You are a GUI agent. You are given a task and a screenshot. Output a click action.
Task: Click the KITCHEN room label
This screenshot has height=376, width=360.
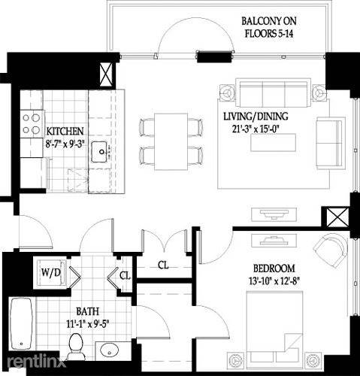(65, 131)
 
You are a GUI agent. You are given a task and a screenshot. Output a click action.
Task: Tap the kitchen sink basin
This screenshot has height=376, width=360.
(99, 152)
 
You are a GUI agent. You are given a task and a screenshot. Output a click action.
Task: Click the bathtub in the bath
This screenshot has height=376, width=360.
(21, 324)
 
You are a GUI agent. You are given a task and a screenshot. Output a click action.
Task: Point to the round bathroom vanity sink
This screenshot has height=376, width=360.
(109, 350)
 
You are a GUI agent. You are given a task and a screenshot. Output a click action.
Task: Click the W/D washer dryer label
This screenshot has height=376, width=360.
(51, 272)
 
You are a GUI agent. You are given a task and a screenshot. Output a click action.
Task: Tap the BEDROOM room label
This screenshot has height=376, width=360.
(274, 268)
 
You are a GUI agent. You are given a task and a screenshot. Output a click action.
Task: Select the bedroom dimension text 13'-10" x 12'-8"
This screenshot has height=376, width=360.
(274, 281)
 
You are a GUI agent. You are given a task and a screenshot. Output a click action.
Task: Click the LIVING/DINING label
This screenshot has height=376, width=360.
(256, 117)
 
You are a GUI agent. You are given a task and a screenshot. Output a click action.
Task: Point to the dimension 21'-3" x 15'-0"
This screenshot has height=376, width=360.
(256, 129)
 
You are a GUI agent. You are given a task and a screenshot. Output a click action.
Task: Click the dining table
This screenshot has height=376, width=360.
(171, 142)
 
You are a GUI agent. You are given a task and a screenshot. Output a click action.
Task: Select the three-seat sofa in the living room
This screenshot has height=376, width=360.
(273, 93)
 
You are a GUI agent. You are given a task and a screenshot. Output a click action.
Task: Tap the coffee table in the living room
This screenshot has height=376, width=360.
(274, 142)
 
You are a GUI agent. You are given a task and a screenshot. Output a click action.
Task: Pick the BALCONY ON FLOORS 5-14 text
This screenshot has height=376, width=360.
(269, 27)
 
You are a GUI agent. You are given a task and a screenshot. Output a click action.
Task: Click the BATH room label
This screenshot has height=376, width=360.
(87, 311)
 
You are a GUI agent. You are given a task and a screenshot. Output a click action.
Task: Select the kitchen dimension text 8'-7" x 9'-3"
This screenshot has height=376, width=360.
(65, 144)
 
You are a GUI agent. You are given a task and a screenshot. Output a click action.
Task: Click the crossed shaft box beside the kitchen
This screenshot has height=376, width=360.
(106, 74)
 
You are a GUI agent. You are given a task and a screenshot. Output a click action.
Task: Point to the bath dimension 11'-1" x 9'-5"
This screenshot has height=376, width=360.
(87, 325)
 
